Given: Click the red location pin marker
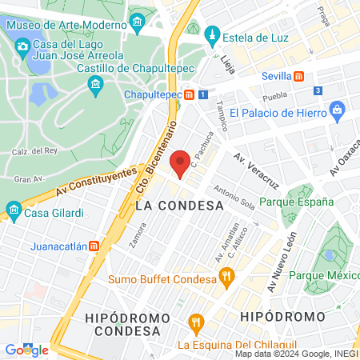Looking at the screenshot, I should (x=181, y=163).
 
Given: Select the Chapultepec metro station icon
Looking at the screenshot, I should (x=189, y=94).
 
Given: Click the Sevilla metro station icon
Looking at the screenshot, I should (x=298, y=77).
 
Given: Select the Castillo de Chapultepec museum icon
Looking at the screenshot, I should (x=95, y=85).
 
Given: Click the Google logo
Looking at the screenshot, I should (x=26, y=350).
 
